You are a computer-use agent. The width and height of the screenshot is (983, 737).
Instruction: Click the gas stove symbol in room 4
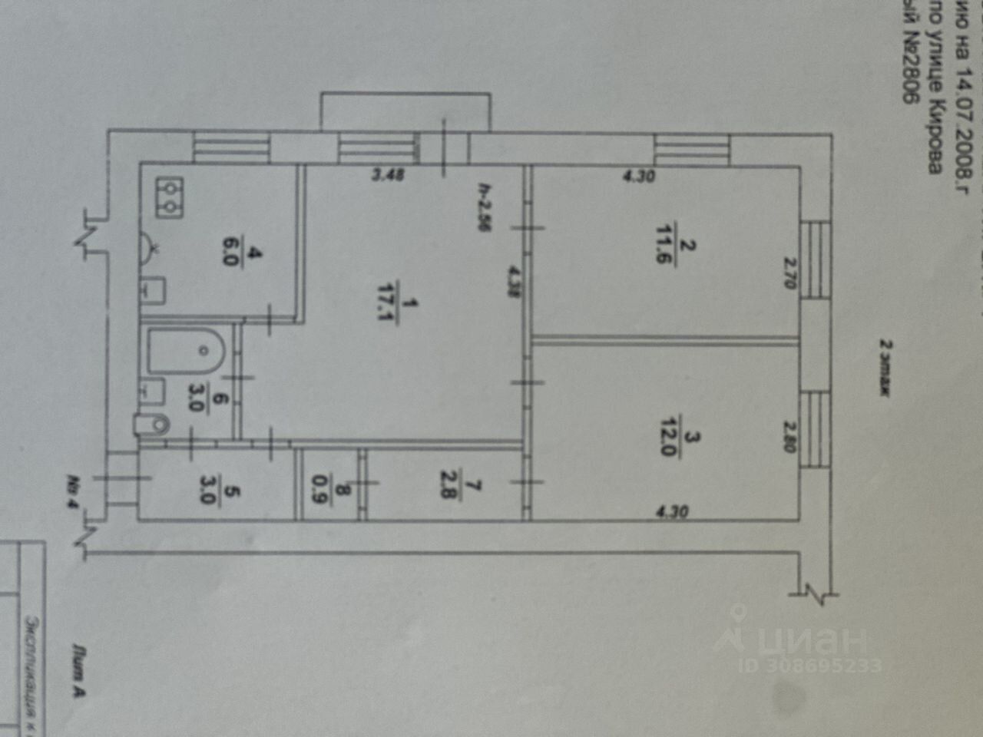click(168, 197)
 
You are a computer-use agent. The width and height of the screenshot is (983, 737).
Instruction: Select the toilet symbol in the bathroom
click(152, 424)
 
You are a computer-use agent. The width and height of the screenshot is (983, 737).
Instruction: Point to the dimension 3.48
click(388, 176)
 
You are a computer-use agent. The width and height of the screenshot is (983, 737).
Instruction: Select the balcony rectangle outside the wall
click(405, 111)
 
